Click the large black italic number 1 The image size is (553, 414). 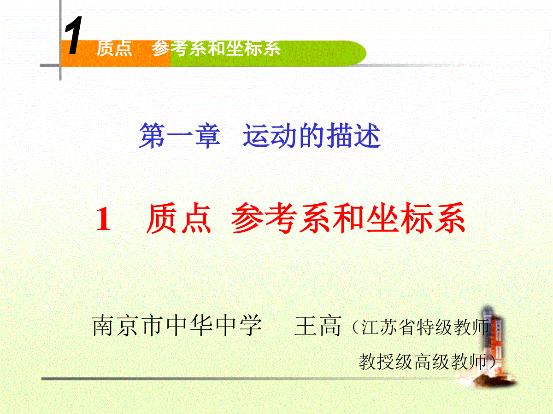pos(74,35)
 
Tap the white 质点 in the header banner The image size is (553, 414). pos(114,48)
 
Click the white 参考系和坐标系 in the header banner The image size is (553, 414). pos(216,48)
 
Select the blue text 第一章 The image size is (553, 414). pos(180,136)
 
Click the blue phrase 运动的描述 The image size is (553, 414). pos(312,136)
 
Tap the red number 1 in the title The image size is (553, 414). pos(103,218)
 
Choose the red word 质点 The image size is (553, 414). pos(178,218)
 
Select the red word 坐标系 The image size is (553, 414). pos(416,218)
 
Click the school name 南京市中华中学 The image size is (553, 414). pos(177,326)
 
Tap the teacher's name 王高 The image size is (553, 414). pos(318,326)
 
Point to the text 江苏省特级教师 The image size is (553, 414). pos(425,327)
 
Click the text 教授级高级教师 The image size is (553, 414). pos(423,362)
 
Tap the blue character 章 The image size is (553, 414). pos(207,136)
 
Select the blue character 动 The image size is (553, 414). pos(284,136)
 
